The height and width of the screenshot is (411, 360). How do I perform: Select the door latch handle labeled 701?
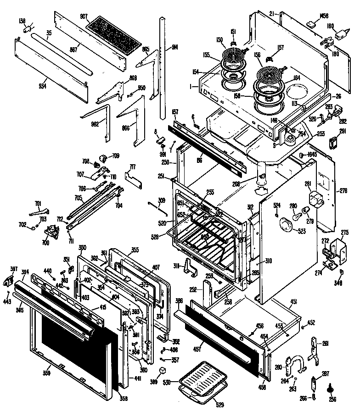click(x=39, y=211)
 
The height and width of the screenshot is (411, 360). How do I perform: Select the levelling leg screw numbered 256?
click(x=329, y=389)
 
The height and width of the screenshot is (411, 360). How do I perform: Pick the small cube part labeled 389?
click(x=162, y=370)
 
